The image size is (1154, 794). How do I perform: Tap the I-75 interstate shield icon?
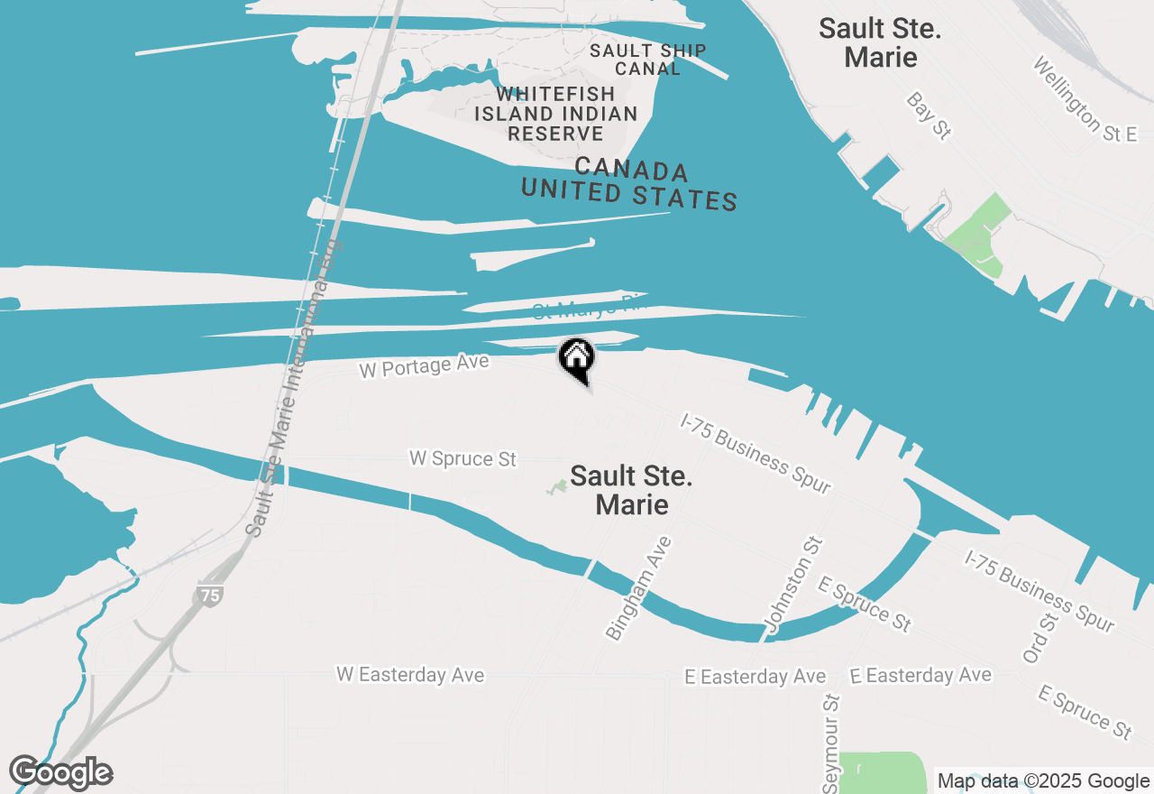pos(208,595)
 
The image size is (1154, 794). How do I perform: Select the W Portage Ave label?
pos(424,366)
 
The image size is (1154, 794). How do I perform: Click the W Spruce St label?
pos(463,458)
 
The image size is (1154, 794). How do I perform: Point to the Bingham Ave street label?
pos(639,588)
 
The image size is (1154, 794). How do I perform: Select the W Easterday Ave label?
pos(410,675)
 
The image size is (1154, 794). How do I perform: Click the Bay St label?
pos(929,115)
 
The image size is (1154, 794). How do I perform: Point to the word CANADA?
pos(631,170)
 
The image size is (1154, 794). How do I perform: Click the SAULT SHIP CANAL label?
pos(647,60)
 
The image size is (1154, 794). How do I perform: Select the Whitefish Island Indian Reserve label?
pos(555,114)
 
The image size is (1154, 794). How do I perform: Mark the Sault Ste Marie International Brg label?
pos(297,388)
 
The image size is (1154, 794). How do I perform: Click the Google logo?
pos(60,773)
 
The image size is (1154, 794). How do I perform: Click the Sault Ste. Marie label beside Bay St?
pos(880,42)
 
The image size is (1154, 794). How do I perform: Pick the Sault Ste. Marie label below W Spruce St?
pos(631,490)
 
